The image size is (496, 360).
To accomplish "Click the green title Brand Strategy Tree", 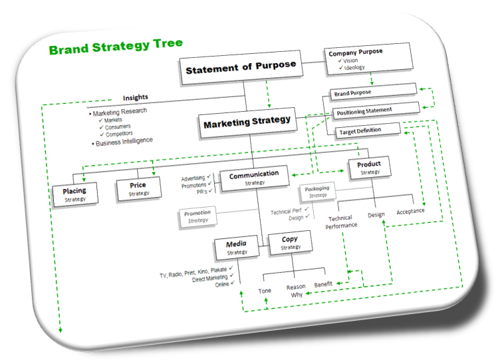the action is pos(116,46).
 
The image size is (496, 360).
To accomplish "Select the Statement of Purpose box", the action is pos(241,67).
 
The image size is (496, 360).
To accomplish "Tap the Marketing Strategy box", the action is pos(247,122).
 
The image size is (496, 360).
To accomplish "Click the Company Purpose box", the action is pos(368,59).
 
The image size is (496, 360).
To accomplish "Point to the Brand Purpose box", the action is pos(373,92).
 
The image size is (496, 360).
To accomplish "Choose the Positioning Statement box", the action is pos(376,110).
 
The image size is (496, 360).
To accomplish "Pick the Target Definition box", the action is pos(368,130).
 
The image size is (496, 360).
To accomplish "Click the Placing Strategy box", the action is pos(75,194).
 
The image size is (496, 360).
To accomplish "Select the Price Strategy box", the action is pos(138,189).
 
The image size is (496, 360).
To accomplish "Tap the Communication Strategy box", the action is pos(255,178).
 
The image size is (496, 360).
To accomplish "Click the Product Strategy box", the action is pos(370,168).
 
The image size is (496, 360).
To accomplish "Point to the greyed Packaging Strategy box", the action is pos(317,192).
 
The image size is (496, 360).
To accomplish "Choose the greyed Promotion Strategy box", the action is pos(197,216).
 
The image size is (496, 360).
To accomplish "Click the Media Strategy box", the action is pos(237,248).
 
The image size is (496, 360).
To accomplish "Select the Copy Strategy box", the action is pos(290,242).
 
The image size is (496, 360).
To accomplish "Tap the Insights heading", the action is pos(136,98).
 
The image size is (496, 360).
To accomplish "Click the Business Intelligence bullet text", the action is pos(124,142).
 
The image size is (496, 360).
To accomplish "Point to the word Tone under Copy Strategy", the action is pos(265,291).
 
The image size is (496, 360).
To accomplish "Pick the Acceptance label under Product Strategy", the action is pos(410,212).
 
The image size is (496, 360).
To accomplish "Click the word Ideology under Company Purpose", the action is pos(354,67).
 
